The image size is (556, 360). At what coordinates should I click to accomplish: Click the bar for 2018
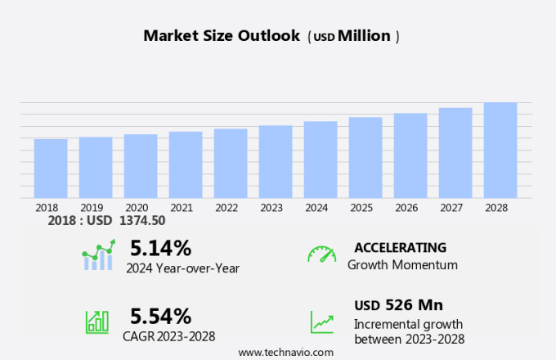[x=51, y=169]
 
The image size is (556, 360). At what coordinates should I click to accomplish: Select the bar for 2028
[x=500, y=151]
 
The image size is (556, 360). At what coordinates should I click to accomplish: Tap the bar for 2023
[x=276, y=162]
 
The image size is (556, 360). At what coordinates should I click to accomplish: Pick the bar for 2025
[x=365, y=158]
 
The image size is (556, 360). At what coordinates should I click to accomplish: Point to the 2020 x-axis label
[x=137, y=208]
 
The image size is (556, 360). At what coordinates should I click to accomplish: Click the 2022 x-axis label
[x=226, y=208]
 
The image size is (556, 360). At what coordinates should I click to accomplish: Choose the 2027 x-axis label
[x=455, y=208]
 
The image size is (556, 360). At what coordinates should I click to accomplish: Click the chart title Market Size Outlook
[x=222, y=36]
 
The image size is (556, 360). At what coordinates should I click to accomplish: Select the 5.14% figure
[x=160, y=248]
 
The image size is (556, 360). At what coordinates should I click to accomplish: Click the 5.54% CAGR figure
[x=161, y=316]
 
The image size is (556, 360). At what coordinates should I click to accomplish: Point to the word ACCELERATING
[x=400, y=247]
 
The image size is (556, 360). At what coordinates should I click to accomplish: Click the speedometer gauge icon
[x=321, y=254]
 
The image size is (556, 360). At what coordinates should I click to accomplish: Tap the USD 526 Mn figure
[x=399, y=305]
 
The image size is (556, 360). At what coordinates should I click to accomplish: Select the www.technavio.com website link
[x=285, y=352]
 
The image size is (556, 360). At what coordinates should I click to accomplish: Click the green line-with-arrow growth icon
[x=321, y=322]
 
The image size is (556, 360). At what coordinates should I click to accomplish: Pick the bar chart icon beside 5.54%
[x=97, y=322]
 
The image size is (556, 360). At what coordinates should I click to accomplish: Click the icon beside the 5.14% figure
[x=98, y=255]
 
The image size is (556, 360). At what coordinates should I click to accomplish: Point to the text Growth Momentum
[x=402, y=265]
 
